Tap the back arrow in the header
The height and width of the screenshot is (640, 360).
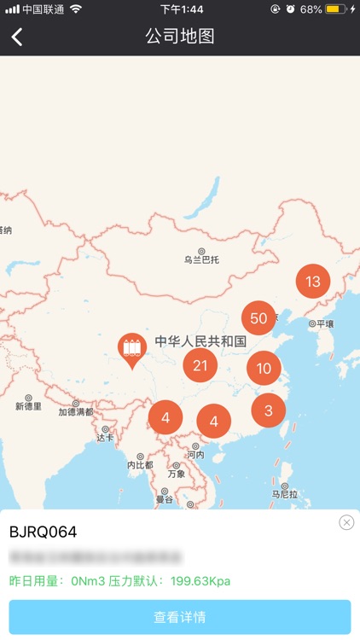pos(17,37)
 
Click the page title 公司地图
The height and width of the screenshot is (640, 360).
pos(179,37)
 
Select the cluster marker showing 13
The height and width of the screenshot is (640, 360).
pos(313,282)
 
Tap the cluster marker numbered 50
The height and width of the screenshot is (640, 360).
pos(258,318)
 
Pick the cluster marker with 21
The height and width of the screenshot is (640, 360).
pos(200,366)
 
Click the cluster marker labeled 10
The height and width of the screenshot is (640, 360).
pos(264,369)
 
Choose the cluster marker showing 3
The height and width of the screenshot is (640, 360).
pos(269,410)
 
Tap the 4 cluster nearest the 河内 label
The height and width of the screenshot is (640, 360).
pos(214,421)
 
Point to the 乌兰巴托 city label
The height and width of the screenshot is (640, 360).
pos(201,259)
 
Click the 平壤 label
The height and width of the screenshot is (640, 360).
pos(324,324)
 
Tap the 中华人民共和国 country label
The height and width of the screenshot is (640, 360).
pos(200,341)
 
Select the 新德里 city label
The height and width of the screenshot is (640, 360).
pos(28,406)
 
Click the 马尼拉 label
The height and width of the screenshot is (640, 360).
pos(285,493)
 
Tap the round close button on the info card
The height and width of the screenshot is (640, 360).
pos(346,522)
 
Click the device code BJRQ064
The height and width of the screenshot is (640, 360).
pos(43,532)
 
